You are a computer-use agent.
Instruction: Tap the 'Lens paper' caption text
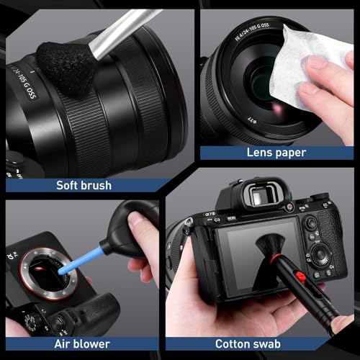(276, 153)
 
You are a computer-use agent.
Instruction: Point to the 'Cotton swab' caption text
(248, 344)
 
